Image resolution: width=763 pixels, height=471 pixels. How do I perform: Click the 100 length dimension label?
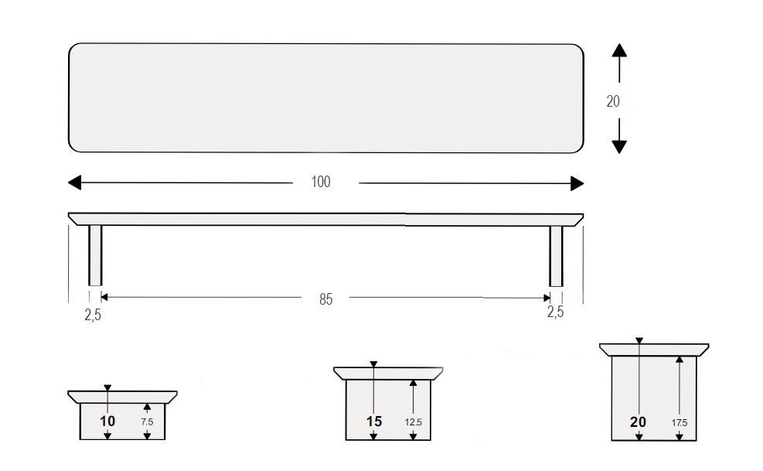point(321,182)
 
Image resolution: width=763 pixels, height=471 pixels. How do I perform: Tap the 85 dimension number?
point(326,299)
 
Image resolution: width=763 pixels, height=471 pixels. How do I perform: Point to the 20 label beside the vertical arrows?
point(613,101)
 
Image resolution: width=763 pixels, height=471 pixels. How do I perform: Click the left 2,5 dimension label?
point(93,315)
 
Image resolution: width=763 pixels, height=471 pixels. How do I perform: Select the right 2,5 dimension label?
point(555,312)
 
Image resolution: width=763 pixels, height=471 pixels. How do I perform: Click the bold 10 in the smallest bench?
point(107,422)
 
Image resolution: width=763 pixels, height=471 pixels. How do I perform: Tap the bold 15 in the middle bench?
point(373,422)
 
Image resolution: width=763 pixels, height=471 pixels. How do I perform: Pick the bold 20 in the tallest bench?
point(638,422)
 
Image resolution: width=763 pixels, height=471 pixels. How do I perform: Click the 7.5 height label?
point(147,422)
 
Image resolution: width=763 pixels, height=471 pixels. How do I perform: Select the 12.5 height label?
point(413,422)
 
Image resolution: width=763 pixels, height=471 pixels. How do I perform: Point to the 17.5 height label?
point(680,423)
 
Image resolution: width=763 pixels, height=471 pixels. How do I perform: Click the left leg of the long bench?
point(95,255)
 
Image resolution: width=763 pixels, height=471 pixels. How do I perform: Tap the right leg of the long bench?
point(556,256)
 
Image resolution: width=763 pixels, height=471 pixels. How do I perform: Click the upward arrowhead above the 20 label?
point(619,50)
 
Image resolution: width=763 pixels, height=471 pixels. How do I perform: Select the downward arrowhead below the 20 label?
point(619,147)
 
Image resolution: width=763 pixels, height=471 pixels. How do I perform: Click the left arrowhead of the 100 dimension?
point(74,183)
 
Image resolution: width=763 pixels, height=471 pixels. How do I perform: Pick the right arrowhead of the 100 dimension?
point(577,183)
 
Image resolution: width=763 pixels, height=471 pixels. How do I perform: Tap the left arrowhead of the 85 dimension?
point(104,297)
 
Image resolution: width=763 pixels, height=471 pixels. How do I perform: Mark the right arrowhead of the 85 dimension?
point(547,298)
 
